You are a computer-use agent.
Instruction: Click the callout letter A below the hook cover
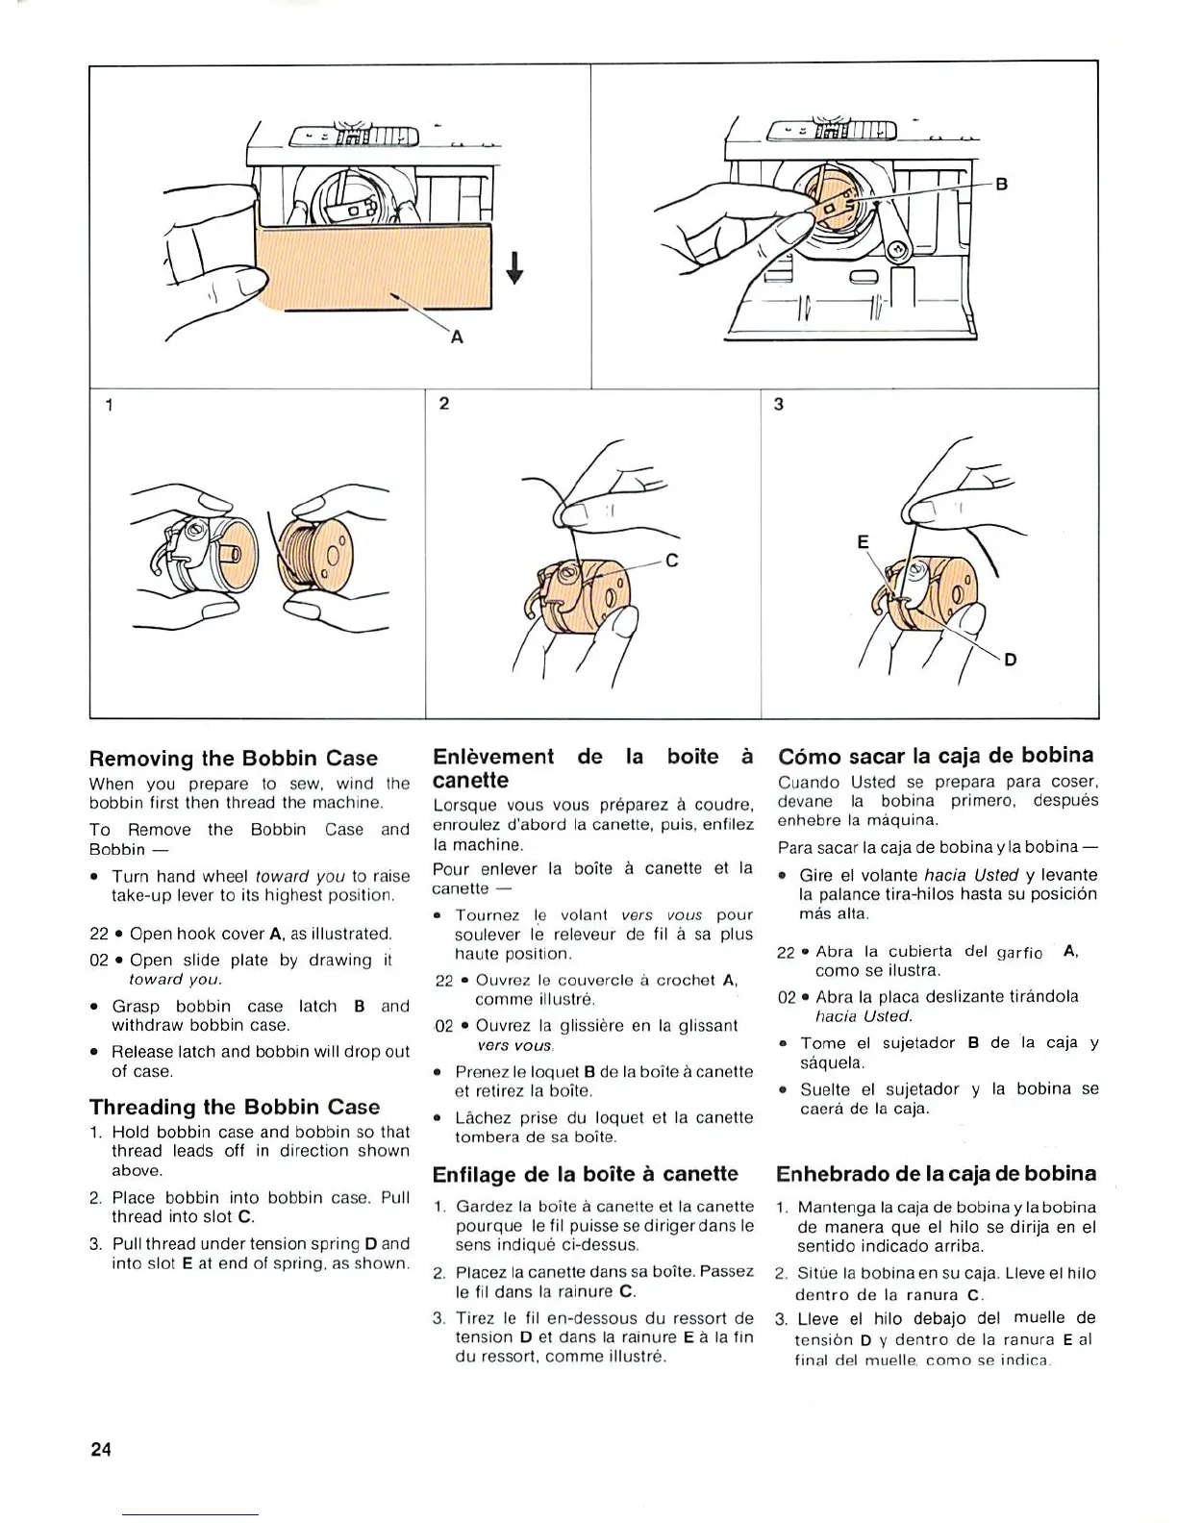point(457,337)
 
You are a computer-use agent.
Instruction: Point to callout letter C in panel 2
point(672,561)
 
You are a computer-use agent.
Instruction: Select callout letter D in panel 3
point(1011,660)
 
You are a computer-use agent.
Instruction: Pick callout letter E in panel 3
point(863,543)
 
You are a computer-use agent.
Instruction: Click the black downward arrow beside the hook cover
point(515,268)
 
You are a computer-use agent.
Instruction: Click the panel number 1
point(110,405)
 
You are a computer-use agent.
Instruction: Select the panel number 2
point(443,404)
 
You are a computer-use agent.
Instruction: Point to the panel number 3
point(778,404)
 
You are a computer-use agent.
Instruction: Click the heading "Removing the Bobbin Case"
point(234,759)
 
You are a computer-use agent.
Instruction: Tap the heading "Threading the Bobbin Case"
point(235,1107)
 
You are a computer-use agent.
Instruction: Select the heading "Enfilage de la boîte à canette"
point(586,1174)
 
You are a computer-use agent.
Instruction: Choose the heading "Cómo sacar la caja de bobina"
point(936,756)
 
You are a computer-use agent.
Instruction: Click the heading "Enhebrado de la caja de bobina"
point(936,1174)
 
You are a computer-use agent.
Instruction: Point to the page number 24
point(102,1449)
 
